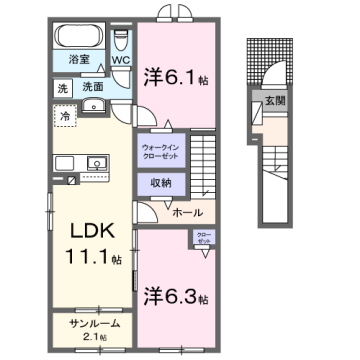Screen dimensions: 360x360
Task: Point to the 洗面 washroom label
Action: (x=93, y=88)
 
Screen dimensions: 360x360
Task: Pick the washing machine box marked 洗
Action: (x=62, y=88)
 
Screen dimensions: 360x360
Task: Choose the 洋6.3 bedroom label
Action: (x=175, y=299)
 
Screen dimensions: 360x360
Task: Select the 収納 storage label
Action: (x=163, y=183)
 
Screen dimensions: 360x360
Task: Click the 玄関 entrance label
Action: (x=273, y=99)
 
